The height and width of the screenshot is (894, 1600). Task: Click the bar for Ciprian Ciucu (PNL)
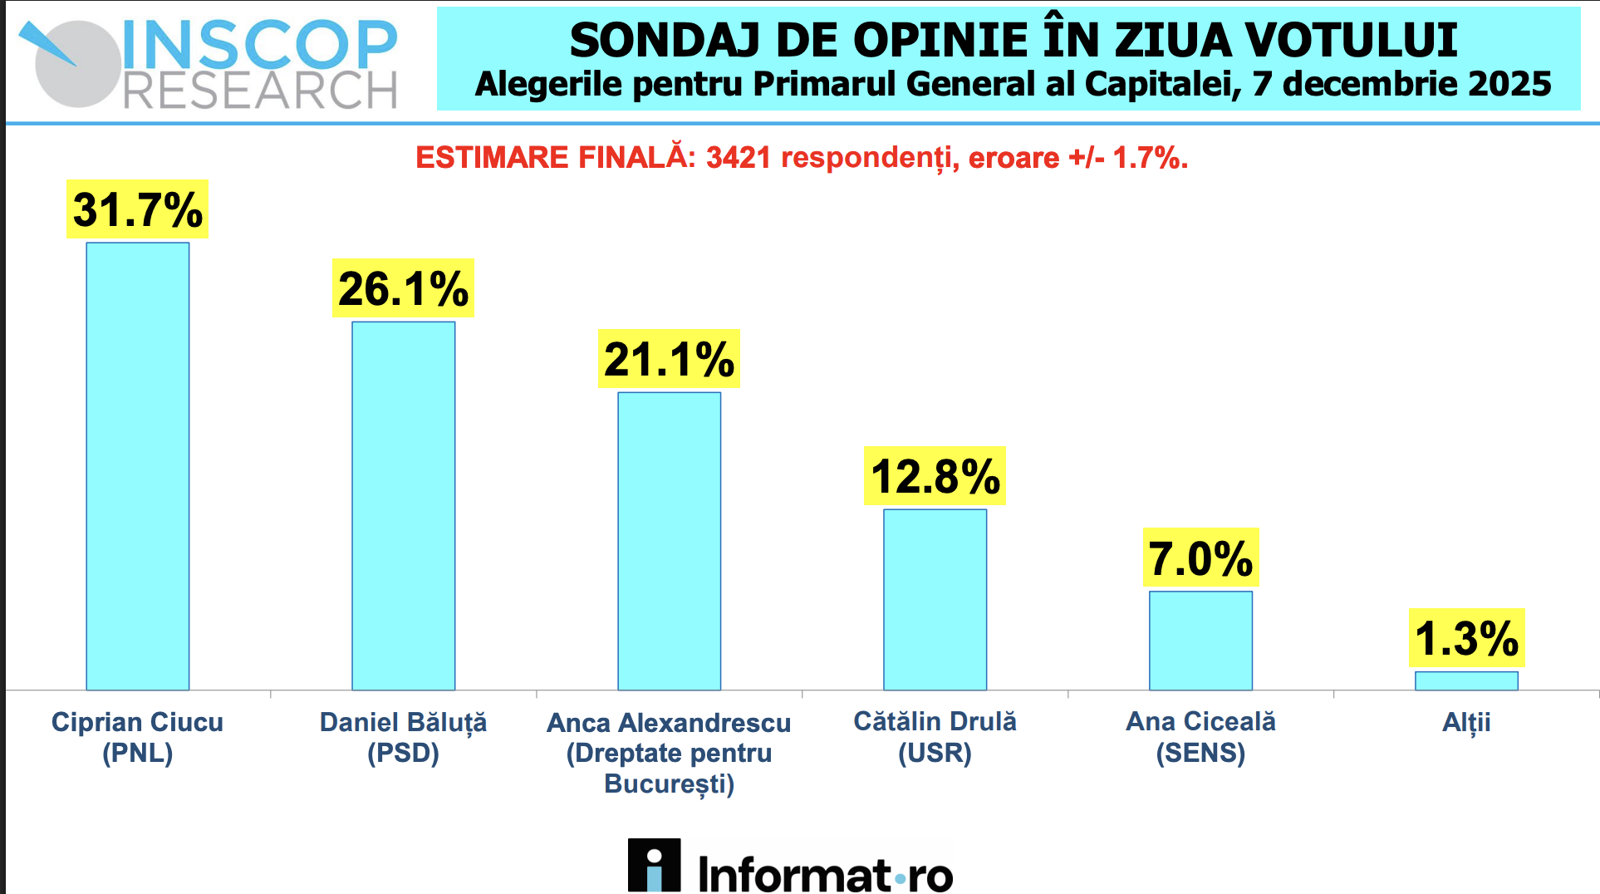coord(138,465)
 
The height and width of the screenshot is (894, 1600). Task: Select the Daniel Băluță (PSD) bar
coord(404,505)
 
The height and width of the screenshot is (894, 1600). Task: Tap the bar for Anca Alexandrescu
coord(670,540)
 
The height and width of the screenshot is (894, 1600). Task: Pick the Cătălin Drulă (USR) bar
coord(935,599)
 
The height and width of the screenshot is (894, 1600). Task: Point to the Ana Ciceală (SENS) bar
coord(1201,640)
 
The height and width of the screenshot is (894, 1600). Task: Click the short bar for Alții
coord(1466,680)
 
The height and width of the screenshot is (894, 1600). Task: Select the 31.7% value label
coord(138,209)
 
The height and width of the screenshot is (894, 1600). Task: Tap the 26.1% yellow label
coord(404,288)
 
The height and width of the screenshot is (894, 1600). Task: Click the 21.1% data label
coord(670,359)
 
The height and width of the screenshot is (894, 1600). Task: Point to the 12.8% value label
coord(935,476)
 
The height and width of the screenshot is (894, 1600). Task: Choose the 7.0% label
coord(1201,558)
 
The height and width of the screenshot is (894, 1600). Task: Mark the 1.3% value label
coord(1466,638)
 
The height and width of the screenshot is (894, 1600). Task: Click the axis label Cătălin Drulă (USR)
coord(935,737)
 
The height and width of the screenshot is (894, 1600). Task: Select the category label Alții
coord(1466,722)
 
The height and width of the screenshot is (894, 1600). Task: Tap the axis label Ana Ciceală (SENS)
coord(1201,737)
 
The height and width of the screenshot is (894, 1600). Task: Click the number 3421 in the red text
coord(739,157)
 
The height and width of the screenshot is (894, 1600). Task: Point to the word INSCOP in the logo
coord(260,45)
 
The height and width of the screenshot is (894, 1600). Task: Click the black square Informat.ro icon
coord(654,865)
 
